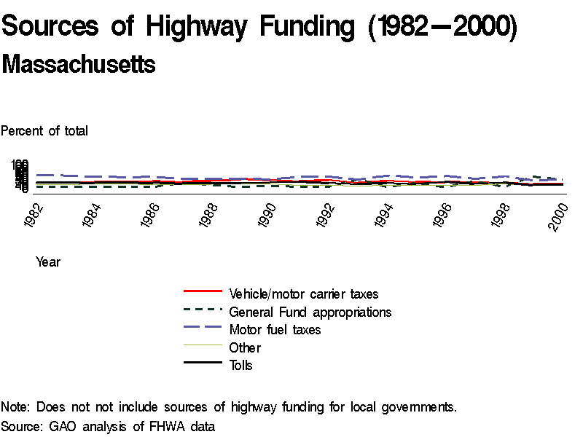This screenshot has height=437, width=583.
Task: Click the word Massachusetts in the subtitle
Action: pos(79,65)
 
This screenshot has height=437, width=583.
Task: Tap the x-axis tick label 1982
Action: pos(35,216)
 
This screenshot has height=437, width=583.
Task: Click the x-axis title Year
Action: pos(48,262)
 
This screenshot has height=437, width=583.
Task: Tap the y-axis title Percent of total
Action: pos(44,131)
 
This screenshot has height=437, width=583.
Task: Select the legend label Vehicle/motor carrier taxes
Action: pos(304,294)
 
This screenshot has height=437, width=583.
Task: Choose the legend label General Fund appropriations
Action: pos(310,312)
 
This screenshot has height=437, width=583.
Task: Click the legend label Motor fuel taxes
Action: pos(275,330)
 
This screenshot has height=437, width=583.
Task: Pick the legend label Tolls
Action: pos(240,366)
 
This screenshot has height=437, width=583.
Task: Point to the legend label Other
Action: pos(245,348)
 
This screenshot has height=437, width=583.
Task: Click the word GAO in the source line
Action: pos(63,426)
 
